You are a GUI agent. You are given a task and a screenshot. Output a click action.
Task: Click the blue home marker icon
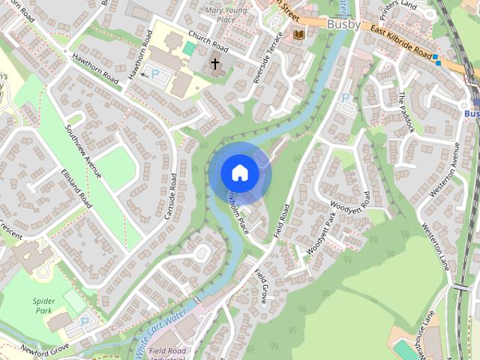[239, 172]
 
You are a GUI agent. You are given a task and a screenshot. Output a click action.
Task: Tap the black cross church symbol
[215, 64]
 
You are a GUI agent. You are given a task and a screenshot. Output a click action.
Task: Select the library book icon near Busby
[299, 34]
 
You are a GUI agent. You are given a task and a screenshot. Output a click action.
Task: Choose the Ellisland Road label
[76, 188]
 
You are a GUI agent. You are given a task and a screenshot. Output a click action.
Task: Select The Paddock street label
[406, 113]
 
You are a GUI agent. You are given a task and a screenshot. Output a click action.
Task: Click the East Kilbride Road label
[401, 44]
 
